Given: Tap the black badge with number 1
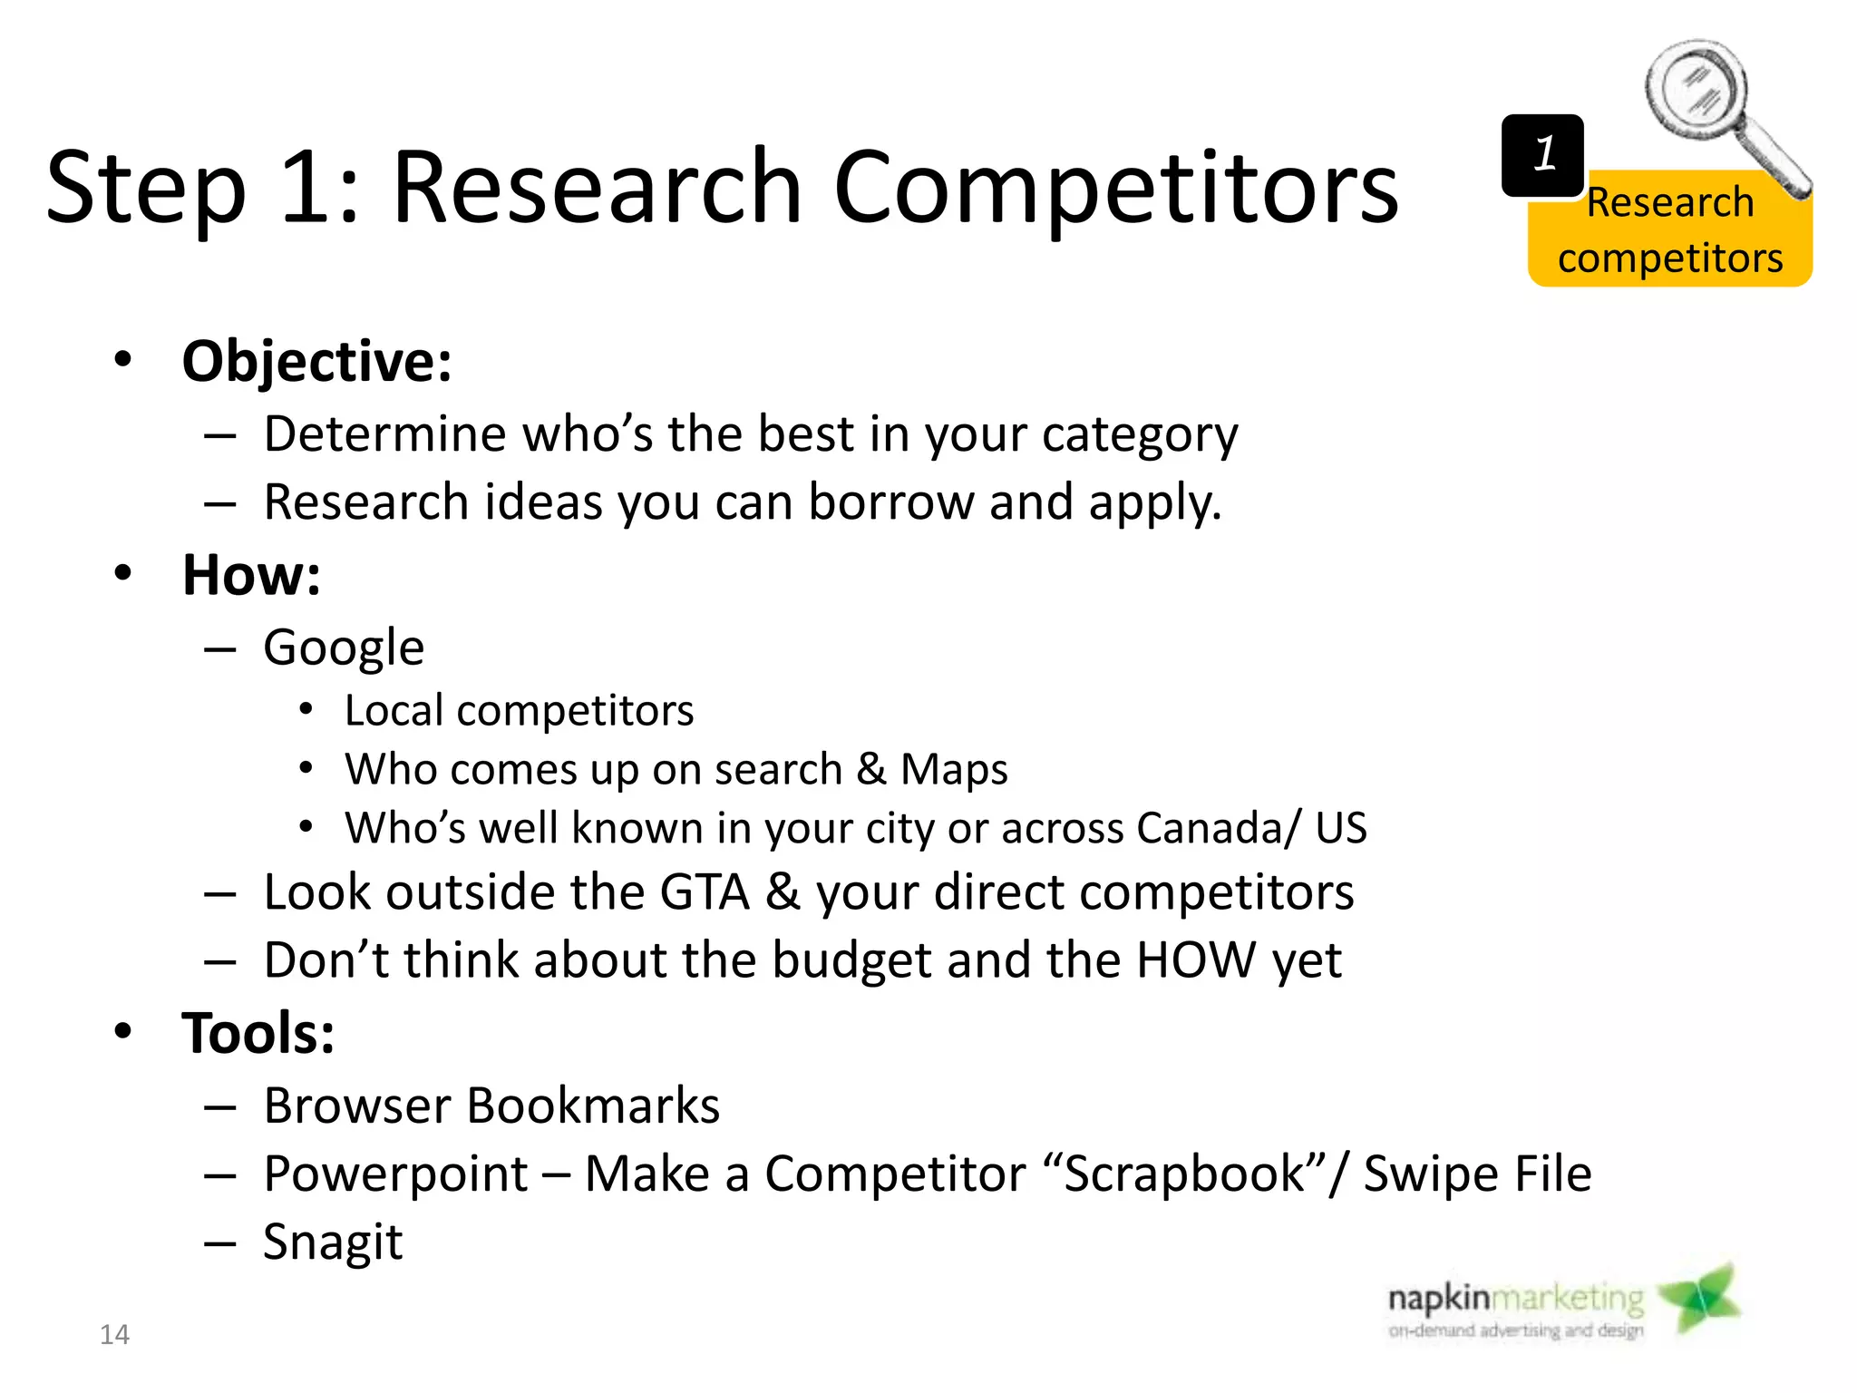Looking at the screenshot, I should [1542, 155].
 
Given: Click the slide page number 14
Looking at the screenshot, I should [114, 1334].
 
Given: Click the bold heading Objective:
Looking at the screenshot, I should [316, 361].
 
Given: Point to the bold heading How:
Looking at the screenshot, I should [251, 575].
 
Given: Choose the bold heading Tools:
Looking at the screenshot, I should [258, 1033].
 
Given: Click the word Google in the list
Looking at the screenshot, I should [344, 648].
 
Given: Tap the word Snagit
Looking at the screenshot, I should [333, 1242].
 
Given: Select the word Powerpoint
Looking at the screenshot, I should [395, 1174].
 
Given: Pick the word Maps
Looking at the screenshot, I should [954, 769].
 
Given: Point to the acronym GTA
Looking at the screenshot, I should [705, 892].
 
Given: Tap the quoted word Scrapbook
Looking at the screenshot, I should [1184, 1174].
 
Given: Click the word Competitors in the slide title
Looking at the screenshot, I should [1115, 188].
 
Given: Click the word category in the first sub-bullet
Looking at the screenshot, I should [1140, 434].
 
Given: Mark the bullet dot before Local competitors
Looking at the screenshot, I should [306, 709].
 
